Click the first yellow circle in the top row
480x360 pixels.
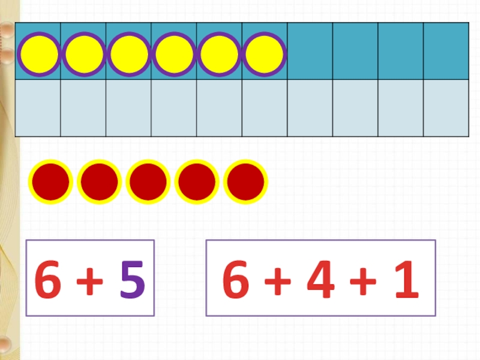[x=39, y=54]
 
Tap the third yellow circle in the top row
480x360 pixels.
[x=130, y=54]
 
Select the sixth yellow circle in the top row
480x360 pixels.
[x=264, y=54]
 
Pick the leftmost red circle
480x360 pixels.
[x=51, y=182]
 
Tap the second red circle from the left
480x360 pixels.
[x=100, y=182]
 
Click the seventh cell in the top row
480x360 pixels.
[x=310, y=51]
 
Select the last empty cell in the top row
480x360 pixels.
[x=446, y=51]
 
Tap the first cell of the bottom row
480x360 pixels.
[x=38, y=108]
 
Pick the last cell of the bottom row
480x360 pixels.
[x=446, y=108]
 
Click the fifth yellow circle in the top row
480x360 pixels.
[x=219, y=54]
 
